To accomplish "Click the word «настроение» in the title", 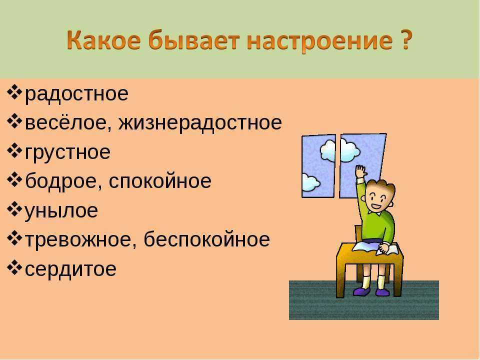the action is point(319,40).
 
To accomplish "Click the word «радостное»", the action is point(76,93).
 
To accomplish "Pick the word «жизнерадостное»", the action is point(200,123).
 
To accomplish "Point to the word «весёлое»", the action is point(68,122).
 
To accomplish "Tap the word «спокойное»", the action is point(160,181).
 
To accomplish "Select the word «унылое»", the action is point(61,211).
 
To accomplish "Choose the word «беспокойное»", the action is point(206,239).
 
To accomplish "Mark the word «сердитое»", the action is point(70,269).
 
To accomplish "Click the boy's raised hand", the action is point(361,171).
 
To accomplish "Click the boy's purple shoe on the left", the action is point(361,291).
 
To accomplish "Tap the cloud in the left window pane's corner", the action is point(310,183).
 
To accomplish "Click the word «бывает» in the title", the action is point(194,40).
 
